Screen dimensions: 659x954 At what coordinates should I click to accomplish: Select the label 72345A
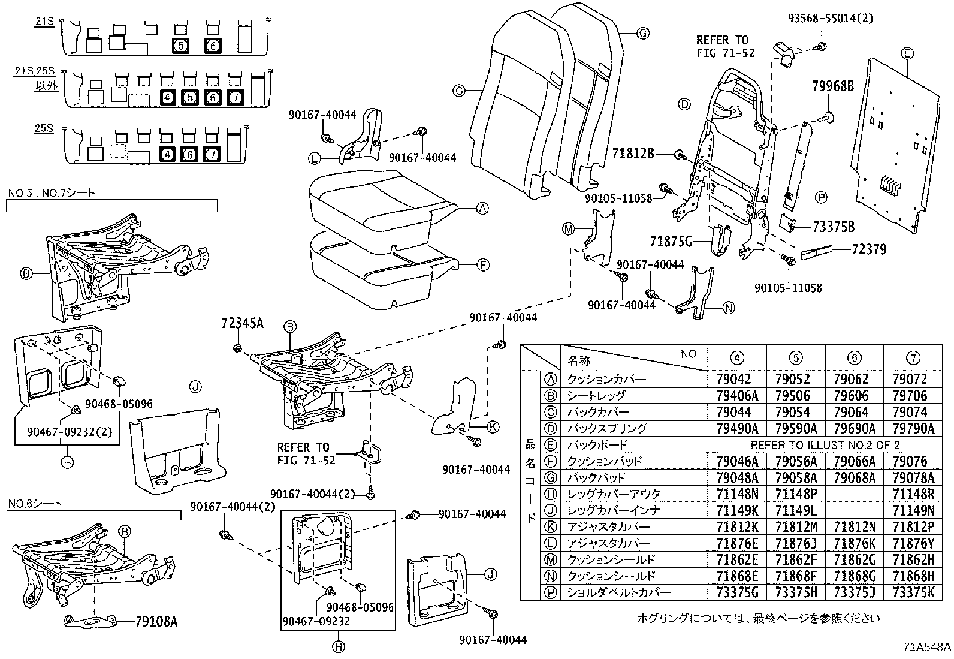click(242, 324)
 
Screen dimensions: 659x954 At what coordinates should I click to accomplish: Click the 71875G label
click(671, 242)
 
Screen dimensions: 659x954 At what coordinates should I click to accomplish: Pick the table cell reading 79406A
click(737, 395)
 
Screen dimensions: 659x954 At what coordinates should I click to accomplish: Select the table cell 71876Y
click(913, 543)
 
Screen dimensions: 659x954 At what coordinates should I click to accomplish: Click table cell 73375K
click(913, 592)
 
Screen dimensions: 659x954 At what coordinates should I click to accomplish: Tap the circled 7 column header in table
click(913, 358)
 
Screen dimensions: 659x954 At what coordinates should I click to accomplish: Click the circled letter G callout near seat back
click(642, 34)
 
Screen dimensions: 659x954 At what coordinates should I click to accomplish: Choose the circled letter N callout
click(728, 308)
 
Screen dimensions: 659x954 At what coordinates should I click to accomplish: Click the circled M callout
click(569, 229)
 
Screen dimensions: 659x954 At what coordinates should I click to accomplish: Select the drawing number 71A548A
click(927, 647)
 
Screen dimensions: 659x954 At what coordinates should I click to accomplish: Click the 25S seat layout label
click(43, 128)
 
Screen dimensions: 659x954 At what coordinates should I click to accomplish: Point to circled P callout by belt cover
click(820, 197)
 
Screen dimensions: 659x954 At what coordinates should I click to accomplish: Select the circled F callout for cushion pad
click(482, 264)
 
